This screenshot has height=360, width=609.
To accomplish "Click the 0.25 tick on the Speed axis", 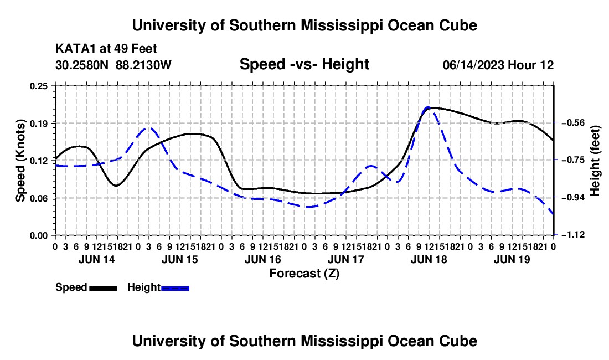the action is pos(39,86).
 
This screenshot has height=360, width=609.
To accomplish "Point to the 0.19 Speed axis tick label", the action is pos(39,124).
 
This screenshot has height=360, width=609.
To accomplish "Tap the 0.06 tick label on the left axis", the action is pos(39,198).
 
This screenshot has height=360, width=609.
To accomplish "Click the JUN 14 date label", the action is pos(97,259).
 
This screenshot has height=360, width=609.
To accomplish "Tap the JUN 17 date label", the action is pos(345,259).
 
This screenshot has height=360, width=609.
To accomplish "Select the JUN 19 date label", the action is pos(512,259).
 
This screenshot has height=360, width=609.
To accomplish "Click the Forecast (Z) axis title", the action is pos(304,274).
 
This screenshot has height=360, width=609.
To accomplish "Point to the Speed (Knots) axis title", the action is pos(20,161).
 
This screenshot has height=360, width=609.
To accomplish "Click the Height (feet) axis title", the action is pos(595,161).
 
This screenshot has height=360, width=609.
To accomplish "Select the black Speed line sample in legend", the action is pos(104,289).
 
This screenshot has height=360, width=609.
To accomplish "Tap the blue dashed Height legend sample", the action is pos(175,289).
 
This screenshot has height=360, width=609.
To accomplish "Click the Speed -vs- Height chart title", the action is pos(304,64).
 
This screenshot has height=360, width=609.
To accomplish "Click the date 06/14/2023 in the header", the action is pos(473,65).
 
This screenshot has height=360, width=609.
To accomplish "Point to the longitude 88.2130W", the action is pos(143,65).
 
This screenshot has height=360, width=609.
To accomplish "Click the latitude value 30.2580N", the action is pos(82,65).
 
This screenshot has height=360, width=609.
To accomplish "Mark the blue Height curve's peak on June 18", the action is pos(428,107).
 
